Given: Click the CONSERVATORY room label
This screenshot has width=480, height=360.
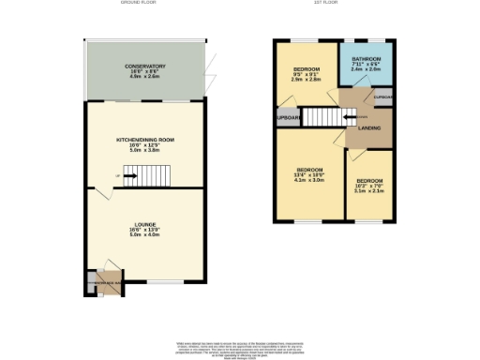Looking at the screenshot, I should pyautogui.click(x=144, y=66).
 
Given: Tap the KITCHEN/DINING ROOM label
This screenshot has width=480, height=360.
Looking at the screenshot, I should pyautogui.click(x=144, y=140).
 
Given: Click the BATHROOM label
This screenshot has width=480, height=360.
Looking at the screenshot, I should pyautogui.click(x=366, y=59).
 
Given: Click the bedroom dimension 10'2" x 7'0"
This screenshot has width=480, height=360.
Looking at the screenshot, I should pyautogui.click(x=369, y=185).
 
